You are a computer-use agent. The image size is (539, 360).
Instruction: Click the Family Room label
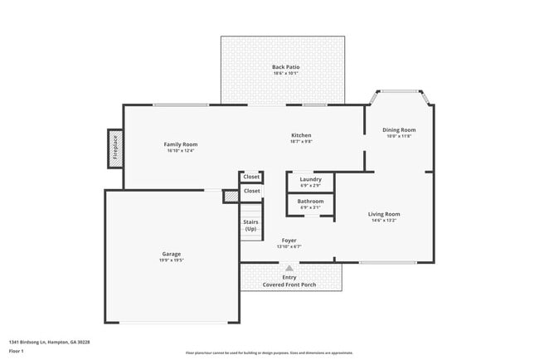(181, 144)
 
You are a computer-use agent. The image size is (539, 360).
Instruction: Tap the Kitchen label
(301, 135)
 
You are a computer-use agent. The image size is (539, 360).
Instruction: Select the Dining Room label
(399, 130)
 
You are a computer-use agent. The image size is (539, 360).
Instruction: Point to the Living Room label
(385, 214)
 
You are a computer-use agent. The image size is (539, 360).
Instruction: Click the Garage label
(172, 254)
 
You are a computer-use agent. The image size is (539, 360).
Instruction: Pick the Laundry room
(311, 179)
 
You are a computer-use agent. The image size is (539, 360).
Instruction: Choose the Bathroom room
(311, 202)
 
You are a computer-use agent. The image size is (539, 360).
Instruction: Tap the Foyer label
(289, 241)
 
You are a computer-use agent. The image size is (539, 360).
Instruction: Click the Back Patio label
(286, 66)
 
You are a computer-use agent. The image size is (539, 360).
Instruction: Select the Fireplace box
(115, 148)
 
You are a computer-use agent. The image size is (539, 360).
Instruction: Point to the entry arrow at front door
(289, 268)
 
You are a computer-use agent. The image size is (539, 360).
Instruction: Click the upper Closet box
(251, 177)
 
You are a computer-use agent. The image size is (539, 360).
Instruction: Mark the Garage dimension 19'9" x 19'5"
(172, 260)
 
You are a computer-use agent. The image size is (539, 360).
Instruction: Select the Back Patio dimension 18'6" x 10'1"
(286, 73)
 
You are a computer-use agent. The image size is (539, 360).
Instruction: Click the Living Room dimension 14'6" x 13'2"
(385, 221)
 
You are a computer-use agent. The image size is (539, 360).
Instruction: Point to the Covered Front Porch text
(289, 285)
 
